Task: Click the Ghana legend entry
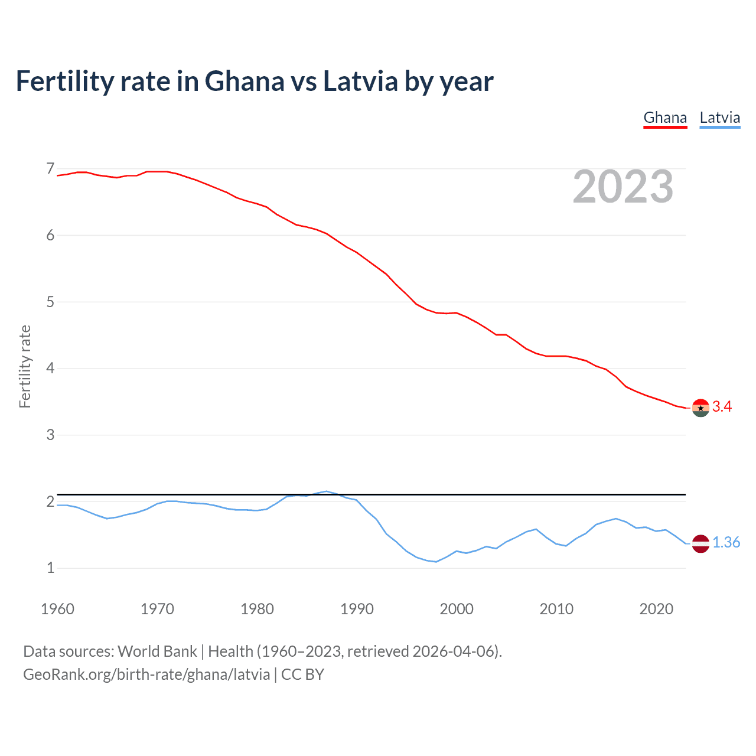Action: pos(665,118)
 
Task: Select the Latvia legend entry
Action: pos(719,118)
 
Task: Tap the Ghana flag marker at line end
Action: pos(700,408)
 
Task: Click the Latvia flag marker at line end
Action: pos(700,543)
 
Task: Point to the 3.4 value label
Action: pos(722,406)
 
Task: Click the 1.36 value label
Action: pos(726,542)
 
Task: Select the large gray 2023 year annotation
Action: pos(623,187)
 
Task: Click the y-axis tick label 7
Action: pos(50,169)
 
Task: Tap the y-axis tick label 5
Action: pos(50,302)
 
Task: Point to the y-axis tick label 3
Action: pos(50,435)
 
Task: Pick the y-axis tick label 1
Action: pos(50,568)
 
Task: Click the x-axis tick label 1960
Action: pos(57,609)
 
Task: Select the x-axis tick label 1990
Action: pos(357,609)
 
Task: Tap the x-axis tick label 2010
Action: pos(556,609)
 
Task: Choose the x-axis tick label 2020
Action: pos(656,609)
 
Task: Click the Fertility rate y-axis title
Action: pos(25,366)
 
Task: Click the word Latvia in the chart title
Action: pos(360,81)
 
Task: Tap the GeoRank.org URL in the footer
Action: pos(146,674)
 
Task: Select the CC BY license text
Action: pos(302,674)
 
